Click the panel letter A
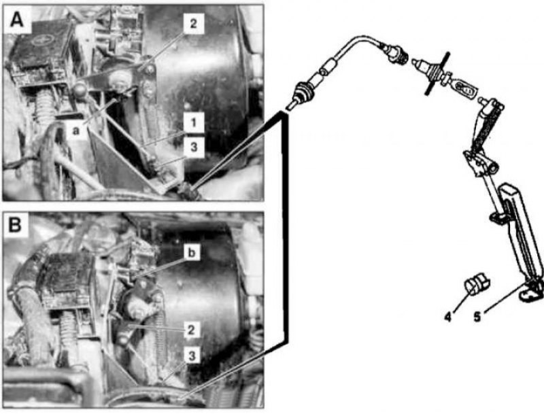16,20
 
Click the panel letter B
15,225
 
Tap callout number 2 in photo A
193,24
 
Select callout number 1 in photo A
194,122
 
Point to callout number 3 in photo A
194,147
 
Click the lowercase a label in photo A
76,131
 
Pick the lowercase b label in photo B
192,253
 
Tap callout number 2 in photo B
191,330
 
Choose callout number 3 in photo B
192,355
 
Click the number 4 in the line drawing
448,317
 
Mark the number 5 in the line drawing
477,317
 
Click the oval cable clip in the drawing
465,90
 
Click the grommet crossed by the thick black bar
435,73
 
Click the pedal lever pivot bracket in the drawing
481,162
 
